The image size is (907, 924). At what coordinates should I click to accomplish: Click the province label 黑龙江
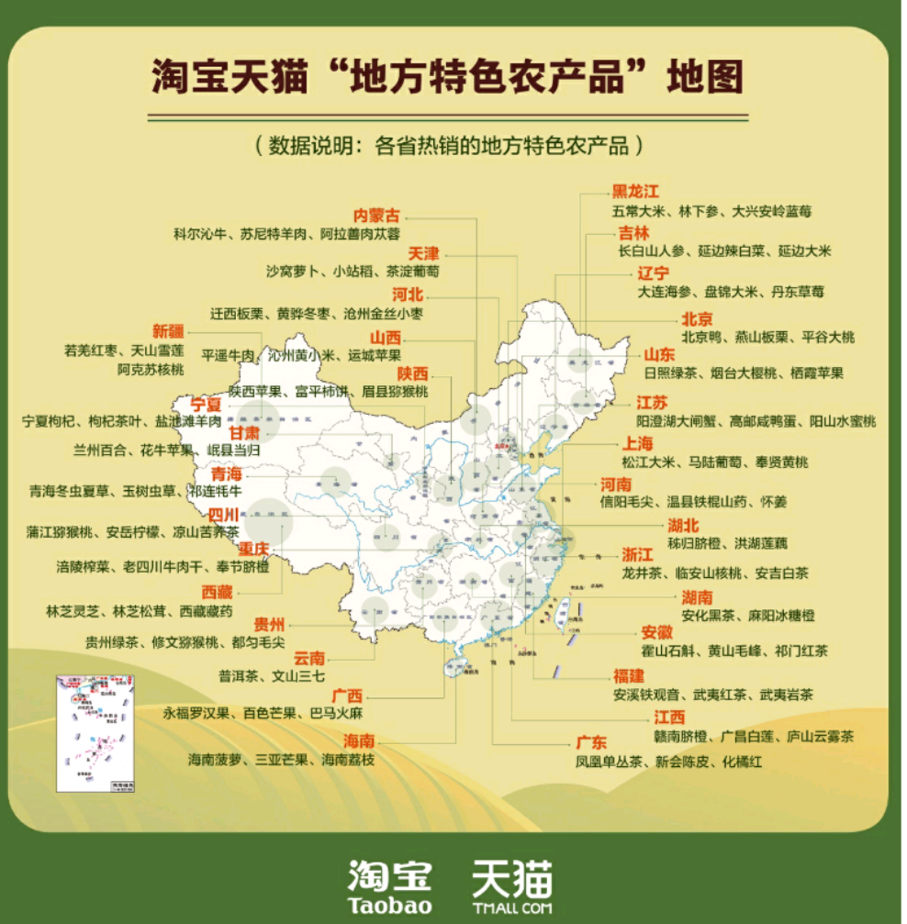[636, 192]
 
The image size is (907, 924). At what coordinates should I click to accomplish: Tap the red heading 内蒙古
[377, 216]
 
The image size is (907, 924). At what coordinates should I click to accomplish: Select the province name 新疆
[168, 331]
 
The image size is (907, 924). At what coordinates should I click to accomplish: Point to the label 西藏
[218, 592]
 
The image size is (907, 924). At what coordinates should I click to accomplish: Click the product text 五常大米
[638, 211]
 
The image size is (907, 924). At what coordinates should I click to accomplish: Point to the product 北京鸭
[701, 338]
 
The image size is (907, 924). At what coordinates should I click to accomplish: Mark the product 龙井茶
[642, 573]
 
